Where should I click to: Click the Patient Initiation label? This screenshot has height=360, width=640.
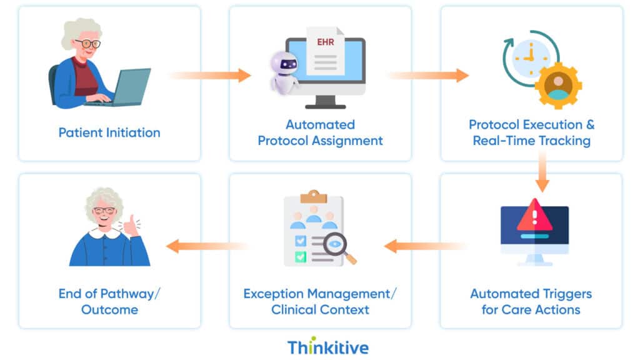(109, 132)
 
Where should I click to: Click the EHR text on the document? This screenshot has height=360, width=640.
(325, 44)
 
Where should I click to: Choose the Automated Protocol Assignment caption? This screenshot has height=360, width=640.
(320, 132)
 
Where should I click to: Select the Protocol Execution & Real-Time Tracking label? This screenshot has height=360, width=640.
(531, 132)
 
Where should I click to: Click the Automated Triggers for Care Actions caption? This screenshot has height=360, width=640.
(531, 301)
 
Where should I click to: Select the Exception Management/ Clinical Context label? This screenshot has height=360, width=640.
(320, 301)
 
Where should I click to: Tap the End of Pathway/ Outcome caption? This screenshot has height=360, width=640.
(109, 301)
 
